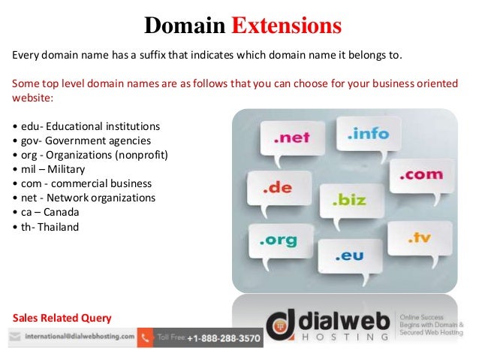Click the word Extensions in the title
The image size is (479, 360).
click(287, 26)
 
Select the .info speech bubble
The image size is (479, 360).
click(368, 134)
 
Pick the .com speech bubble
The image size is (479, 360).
click(421, 174)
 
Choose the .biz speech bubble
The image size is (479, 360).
click(350, 201)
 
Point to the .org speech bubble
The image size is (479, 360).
click(279, 242)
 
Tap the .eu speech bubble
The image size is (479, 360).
click(349, 256)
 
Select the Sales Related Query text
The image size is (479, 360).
click(62, 316)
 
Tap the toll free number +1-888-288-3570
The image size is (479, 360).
click(224, 339)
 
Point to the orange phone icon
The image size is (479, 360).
click(145, 338)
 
